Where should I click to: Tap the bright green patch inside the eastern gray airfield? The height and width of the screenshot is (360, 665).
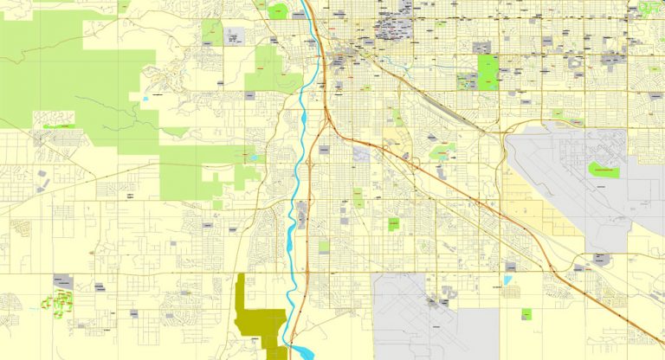coord(604,170)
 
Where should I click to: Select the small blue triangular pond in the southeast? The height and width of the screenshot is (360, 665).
coord(507,280)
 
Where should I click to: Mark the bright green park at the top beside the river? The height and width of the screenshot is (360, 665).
coord(278,12)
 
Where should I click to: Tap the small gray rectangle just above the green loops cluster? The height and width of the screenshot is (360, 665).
coord(63,281)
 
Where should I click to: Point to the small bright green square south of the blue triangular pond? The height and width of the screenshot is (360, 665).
coord(526,314)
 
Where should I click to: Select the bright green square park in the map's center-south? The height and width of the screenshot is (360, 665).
coord(394,224)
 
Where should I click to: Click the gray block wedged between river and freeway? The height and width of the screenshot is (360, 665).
coord(300,212)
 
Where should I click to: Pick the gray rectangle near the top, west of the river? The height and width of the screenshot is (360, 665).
coord(235,37)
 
